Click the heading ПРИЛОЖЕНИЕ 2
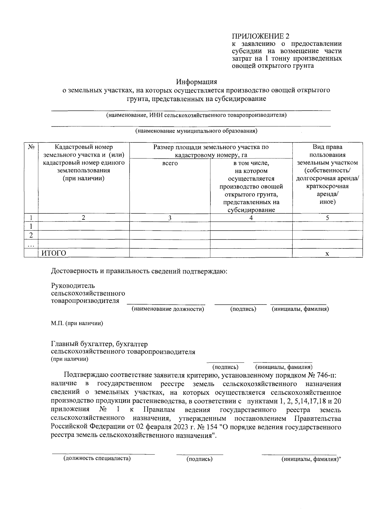tap(260, 36)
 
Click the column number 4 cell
tap(251, 218)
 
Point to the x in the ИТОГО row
tap(327, 253)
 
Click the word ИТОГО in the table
tap(54, 253)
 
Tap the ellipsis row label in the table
tap(31, 244)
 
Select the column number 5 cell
tap(327, 218)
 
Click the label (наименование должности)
tap(168, 309)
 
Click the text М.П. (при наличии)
tap(77, 323)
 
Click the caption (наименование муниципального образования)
tap(196, 131)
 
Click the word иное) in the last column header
tap(327, 202)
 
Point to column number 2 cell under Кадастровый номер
tap(83, 218)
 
